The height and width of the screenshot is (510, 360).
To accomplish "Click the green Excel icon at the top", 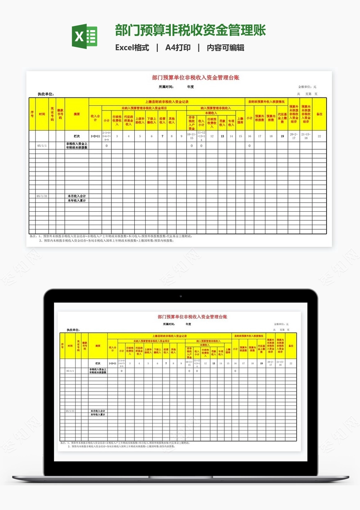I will pos(85,36).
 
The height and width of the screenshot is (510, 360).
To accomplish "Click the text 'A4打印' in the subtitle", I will pos(177,48).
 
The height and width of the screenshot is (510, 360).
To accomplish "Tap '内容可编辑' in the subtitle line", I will pos(226,48).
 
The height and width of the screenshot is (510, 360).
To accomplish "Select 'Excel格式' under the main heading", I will pos(132,48).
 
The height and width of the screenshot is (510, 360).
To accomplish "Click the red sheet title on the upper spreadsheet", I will pos(195,77).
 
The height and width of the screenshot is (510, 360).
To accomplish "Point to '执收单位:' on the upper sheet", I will pos(46,94).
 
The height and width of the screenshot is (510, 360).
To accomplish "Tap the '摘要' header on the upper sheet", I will pos(77,114).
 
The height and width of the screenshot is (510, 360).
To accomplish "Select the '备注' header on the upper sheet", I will pos(319,114).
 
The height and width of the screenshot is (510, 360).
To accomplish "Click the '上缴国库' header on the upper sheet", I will pos(240,120).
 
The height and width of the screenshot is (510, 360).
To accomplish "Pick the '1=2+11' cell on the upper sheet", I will pos(95,136).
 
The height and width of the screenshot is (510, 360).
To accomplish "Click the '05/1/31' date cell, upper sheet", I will pos(42,196).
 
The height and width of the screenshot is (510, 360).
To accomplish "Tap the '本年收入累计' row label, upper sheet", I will pos(77,200).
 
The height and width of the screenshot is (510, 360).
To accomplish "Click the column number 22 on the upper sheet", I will pos(319,136).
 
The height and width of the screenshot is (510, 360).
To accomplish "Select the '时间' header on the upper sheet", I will pos(42,114).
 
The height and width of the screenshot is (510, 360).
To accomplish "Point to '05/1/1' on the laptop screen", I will pos(70,371).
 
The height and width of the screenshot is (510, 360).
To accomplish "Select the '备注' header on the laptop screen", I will pos(291,346).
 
